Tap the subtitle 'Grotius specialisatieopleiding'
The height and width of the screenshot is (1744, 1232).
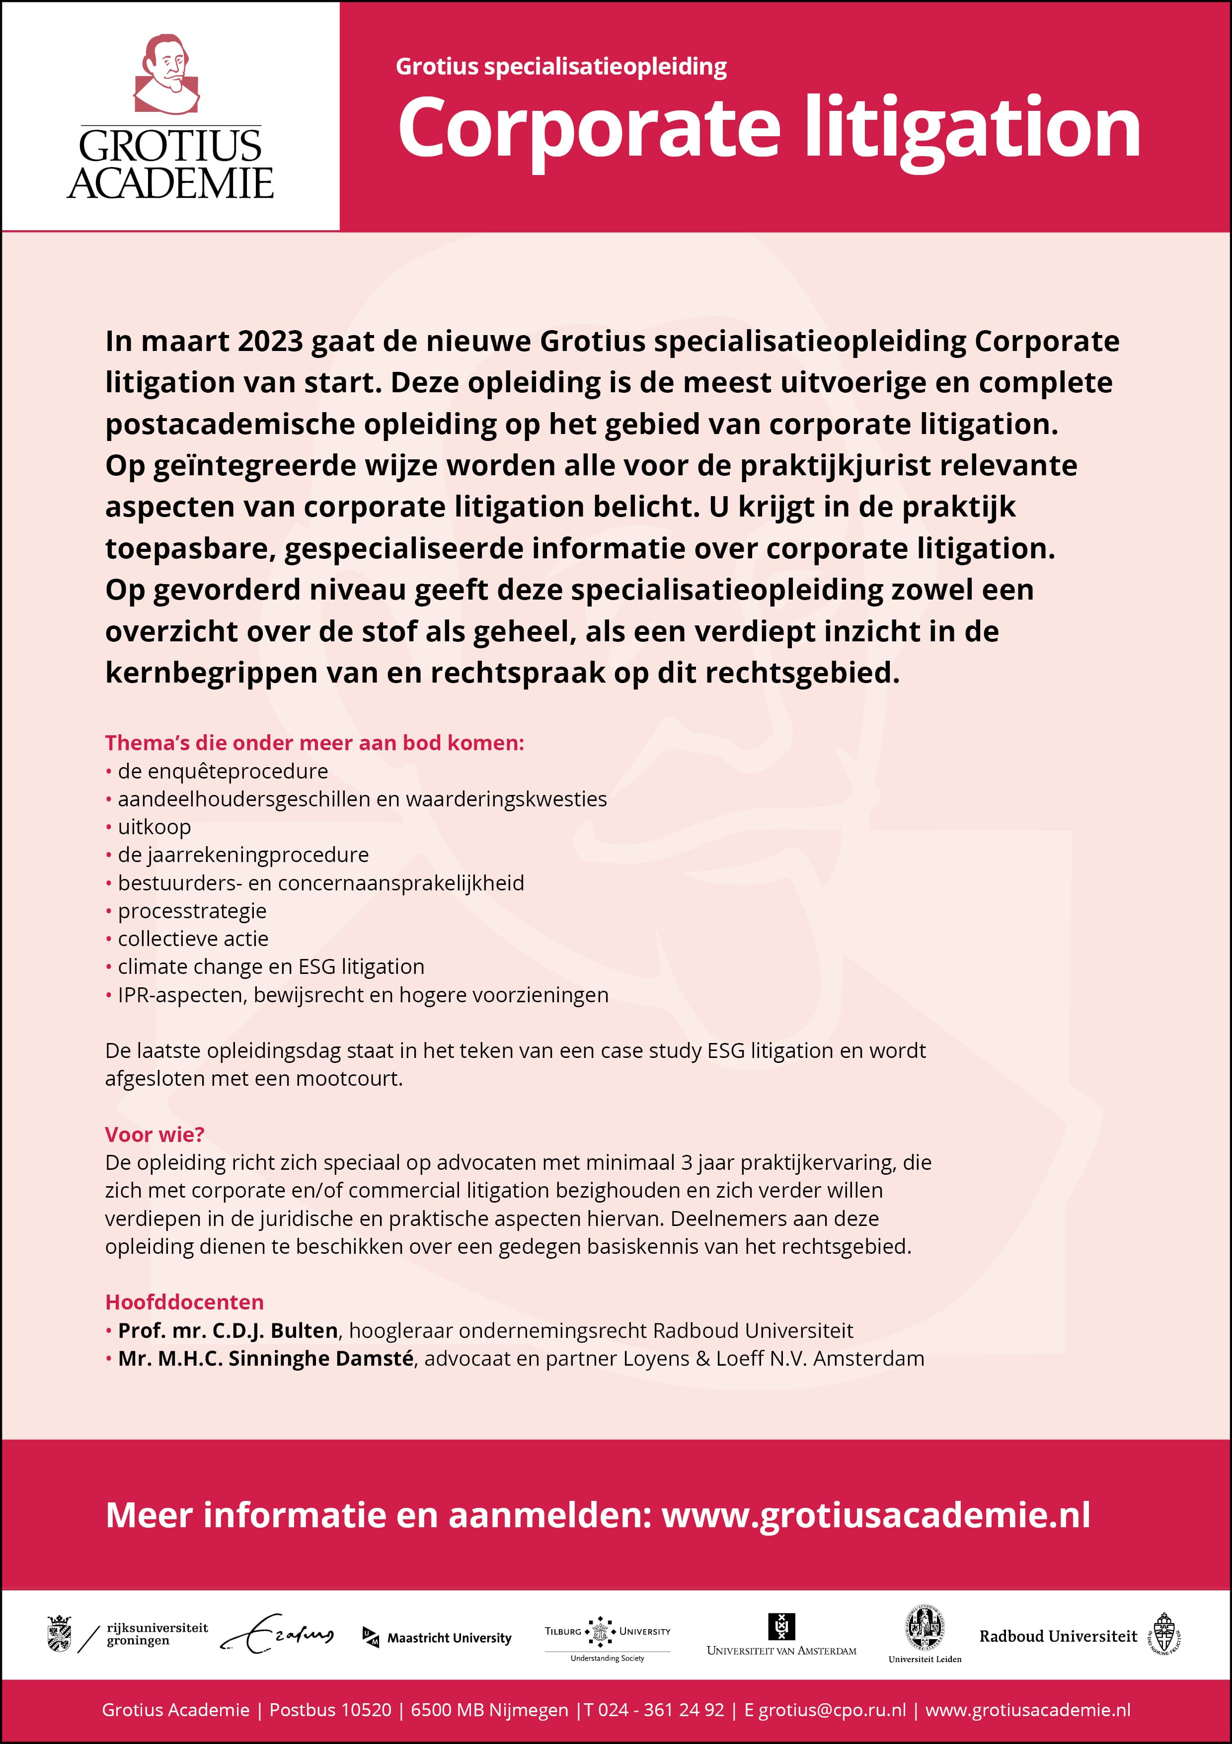[x=561, y=67]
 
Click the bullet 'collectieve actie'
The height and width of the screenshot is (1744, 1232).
[x=193, y=938]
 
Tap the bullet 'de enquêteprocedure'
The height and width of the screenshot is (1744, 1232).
[x=223, y=771]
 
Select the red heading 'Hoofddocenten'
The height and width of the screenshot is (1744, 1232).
[x=184, y=1302]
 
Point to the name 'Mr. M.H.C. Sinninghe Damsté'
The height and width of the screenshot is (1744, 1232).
[x=266, y=1358]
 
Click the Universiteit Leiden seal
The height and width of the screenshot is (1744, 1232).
[x=924, y=1629]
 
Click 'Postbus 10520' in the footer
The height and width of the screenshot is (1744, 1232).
[x=330, y=1710]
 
